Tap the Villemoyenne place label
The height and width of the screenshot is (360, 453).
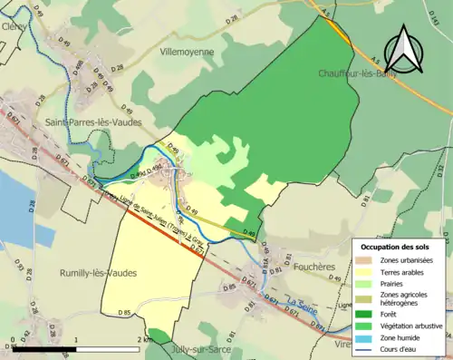pyautogui.click(x=188, y=53)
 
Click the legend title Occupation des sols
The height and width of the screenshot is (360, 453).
pyautogui.click(x=395, y=247)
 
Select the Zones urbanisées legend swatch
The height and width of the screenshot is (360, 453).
pyautogui.click(x=368, y=261)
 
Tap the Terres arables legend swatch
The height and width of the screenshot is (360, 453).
pyautogui.click(x=368, y=272)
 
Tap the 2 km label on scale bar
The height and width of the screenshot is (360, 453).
pyautogui.click(x=144, y=340)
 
